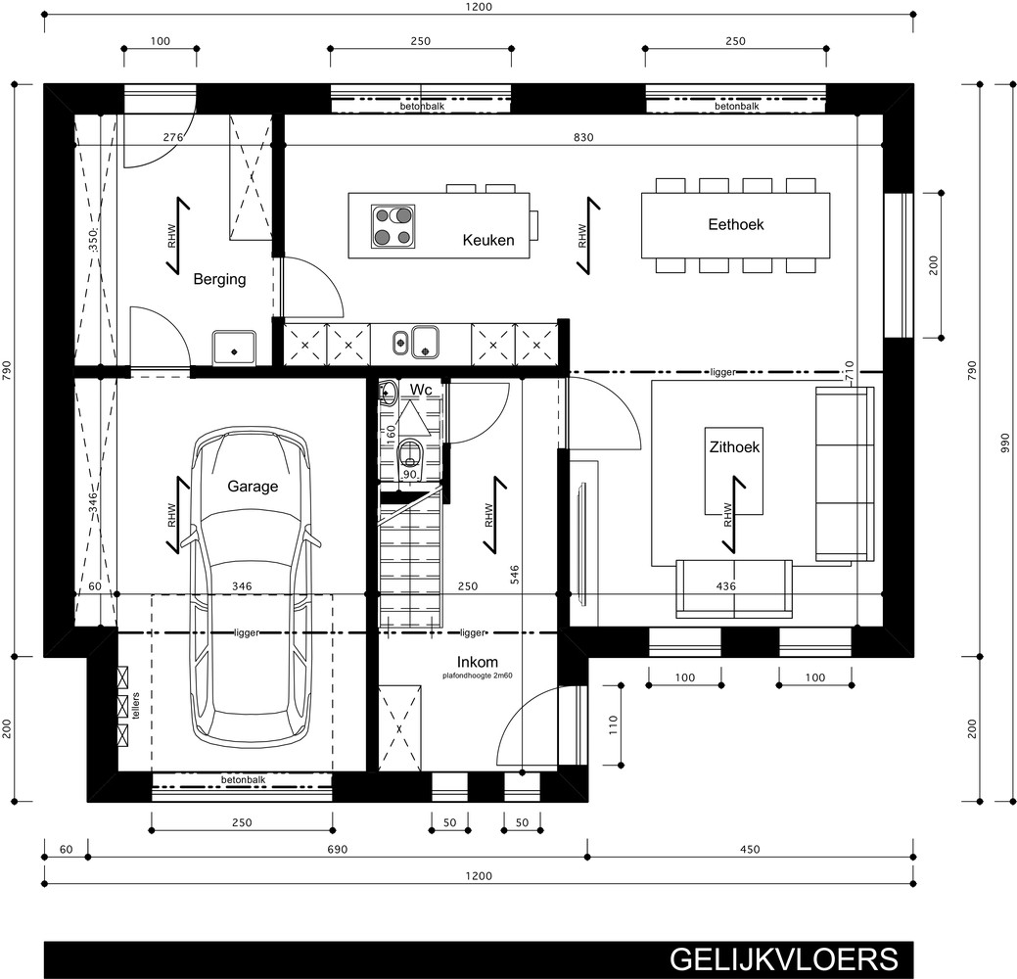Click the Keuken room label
(x=488, y=240)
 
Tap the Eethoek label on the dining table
(x=735, y=224)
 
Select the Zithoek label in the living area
(x=734, y=447)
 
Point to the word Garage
(x=253, y=487)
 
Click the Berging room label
(x=220, y=280)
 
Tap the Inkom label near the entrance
(x=478, y=663)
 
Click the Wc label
(x=421, y=390)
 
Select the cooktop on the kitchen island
(x=393, y=226)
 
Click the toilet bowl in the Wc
(x=410, y=451)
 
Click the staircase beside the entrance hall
(x=410, y=558)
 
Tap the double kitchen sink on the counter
(x=416, y=342)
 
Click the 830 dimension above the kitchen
(x=583, y=137)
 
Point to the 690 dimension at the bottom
(x=338, y=849)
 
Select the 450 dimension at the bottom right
(x=750, y=849)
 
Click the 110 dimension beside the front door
(x=613, y=724)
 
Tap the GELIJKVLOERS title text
(x=784, y=959)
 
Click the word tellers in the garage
(x=135, y=706)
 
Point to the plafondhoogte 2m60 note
(x=478, y=676)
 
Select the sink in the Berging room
(x=234, y=349)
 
